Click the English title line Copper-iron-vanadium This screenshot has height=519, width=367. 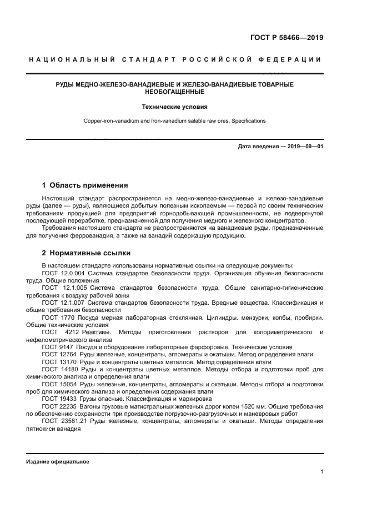point(174,120)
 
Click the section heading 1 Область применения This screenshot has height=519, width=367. point(85,185)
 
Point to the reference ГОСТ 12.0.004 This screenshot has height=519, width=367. point(62,273)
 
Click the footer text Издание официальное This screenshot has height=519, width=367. point(58,461)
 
